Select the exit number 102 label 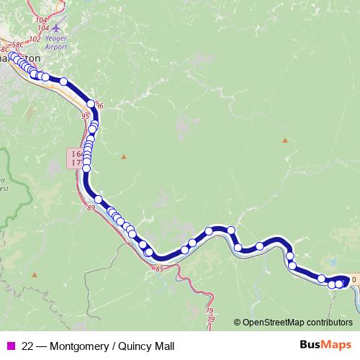click(34, 40)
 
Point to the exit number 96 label click(99, 106)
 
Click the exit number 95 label click(86, 115)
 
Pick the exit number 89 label click(91, 208)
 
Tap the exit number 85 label click(159, 269)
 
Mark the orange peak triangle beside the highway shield click(124, 156)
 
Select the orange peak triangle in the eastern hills click(285, 140)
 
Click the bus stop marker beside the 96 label click(91, 104)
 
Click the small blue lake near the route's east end click(333, 263)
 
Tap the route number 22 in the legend click(27, 346)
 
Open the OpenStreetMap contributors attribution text click(297, 323)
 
